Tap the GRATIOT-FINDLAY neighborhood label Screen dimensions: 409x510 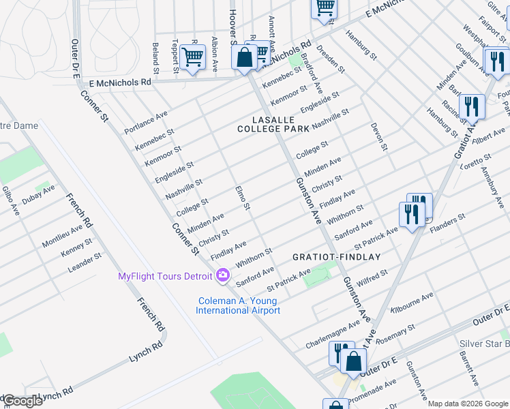tap(336, 257)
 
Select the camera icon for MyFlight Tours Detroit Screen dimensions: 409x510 tap(222, 275)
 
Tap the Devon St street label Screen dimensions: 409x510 tap(379, 137)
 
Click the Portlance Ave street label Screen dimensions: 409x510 tap(145, 122)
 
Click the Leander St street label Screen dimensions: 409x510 tap(85, 262)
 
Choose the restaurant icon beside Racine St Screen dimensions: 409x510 tap(471, 106)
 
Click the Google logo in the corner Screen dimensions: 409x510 tap(22, 402)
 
